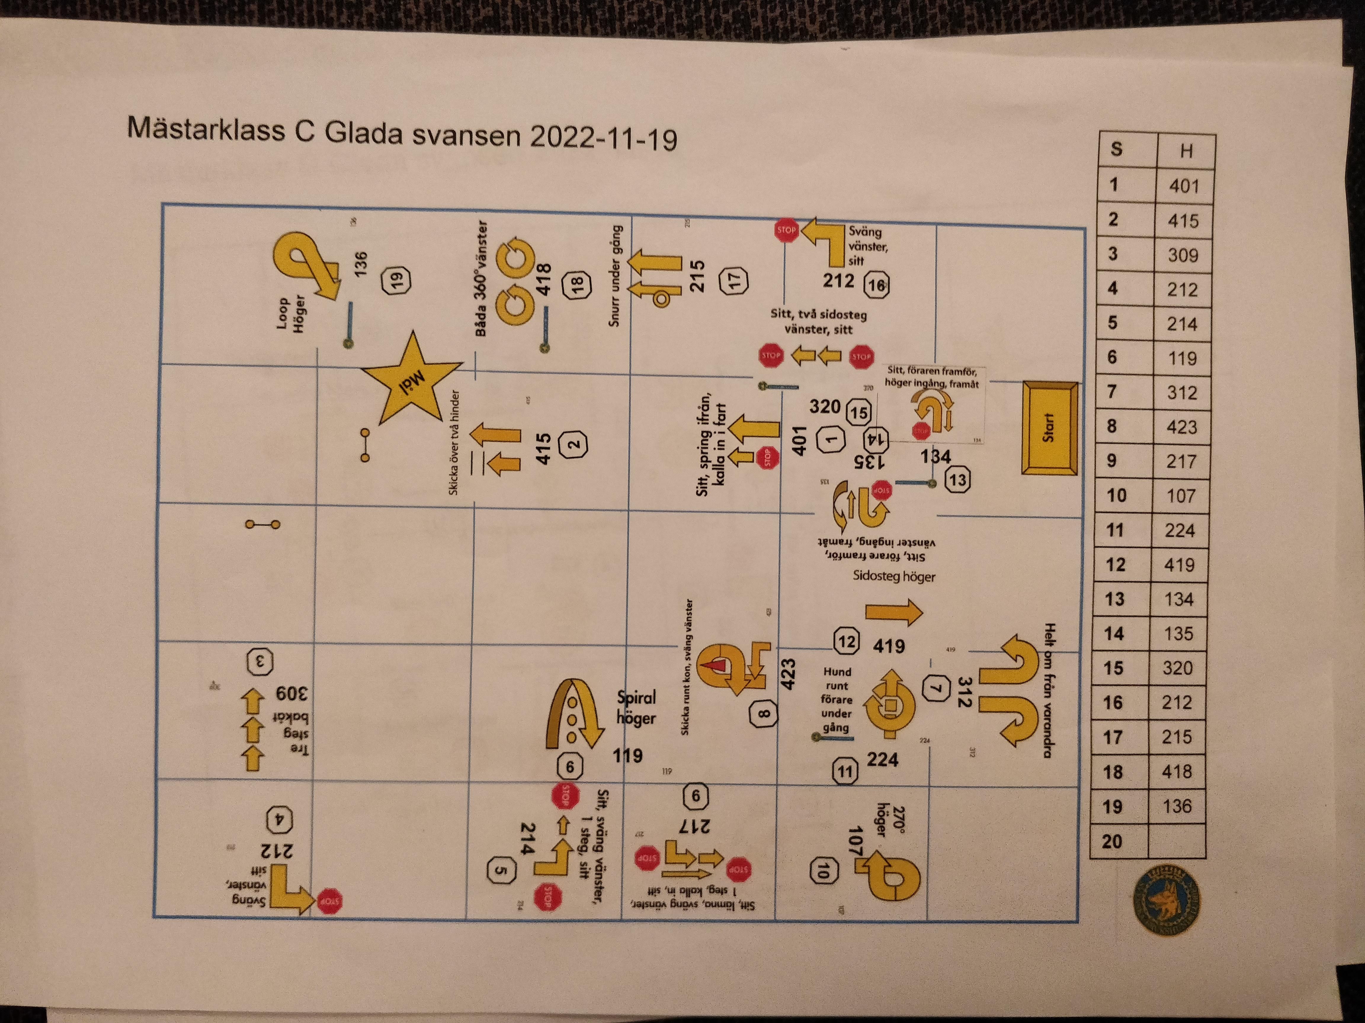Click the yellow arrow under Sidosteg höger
click(x=893, y=612)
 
